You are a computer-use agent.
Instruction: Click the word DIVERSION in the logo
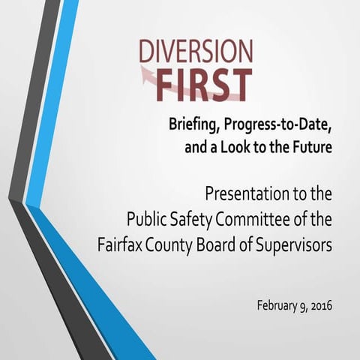[x=196, y=52]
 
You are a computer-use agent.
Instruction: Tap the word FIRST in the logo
[x=207, y=85]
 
